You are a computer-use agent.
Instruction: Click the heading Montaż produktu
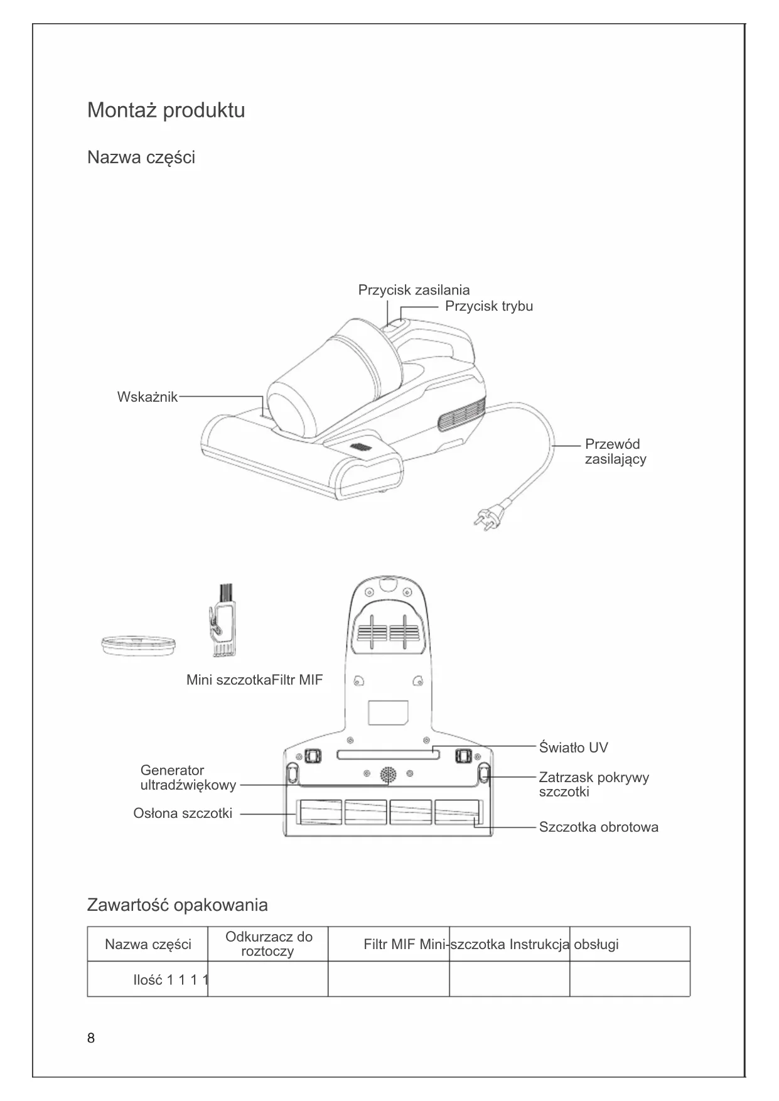point(166,110)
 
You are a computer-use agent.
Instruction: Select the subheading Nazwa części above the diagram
point(141,157)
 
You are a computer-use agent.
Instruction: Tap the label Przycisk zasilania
point(414,290)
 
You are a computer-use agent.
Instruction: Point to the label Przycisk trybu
point(489,306)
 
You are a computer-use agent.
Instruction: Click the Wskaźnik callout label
point(148,397)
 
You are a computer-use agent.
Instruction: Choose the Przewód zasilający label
point(615,451)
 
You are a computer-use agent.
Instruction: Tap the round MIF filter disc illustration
point(138,645)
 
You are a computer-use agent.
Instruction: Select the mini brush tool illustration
point(222,622)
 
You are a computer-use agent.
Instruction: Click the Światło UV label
point(573,748)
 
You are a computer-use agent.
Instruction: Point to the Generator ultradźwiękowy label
point(188,778)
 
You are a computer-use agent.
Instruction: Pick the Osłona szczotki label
point(183,814)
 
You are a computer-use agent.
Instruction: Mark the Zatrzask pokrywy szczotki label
point(593,785)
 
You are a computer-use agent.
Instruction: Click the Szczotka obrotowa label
point(598,827)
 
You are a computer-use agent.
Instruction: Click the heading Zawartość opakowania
point(177,905)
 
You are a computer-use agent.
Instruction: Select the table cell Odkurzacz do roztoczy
point(268,944)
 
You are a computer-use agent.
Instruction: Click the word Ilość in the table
point(148,980)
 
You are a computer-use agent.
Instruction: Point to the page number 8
point(91,1038)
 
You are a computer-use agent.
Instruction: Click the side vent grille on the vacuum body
point(463,415)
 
